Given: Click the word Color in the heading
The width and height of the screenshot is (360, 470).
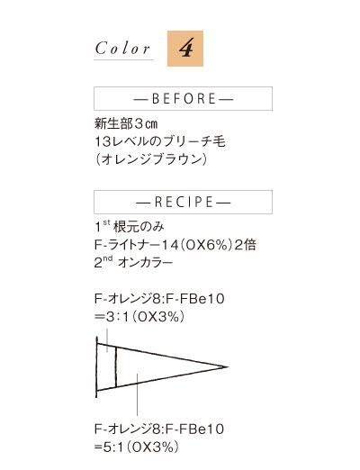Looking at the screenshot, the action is click(122, 49).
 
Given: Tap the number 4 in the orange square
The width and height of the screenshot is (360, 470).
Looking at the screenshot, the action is click(186, 48).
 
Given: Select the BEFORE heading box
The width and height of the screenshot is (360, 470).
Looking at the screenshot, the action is click(183, 98).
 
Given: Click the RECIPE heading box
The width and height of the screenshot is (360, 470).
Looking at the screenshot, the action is click(183, 202).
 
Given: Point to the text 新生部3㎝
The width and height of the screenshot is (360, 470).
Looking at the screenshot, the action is click(126, 123).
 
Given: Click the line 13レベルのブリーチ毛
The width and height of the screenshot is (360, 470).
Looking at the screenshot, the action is click(160, 141).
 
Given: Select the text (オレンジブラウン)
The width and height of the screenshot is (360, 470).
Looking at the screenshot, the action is click(151, 159).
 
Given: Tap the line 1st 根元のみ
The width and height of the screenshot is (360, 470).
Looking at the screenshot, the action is click(130, 227).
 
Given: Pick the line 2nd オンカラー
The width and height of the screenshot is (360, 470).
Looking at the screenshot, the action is click(133, 262).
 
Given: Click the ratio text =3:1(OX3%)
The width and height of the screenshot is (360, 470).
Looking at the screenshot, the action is click(139, 317).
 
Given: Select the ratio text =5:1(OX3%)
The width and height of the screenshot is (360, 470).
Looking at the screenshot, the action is click(137, 447).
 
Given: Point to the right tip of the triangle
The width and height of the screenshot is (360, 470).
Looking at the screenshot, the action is click(229, 366).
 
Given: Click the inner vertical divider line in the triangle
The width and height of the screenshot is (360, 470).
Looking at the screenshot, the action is click(115, 366).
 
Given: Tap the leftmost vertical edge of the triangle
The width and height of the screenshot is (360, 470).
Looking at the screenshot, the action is click(96, 366).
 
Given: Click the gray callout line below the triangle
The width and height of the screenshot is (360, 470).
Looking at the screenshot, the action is click(137, 394).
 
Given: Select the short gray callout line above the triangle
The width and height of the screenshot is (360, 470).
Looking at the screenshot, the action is click(107, 340).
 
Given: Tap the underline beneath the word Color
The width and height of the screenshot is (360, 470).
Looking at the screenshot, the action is click(123, 59).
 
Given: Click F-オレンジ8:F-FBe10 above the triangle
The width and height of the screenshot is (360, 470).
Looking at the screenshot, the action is click(159, 299).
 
